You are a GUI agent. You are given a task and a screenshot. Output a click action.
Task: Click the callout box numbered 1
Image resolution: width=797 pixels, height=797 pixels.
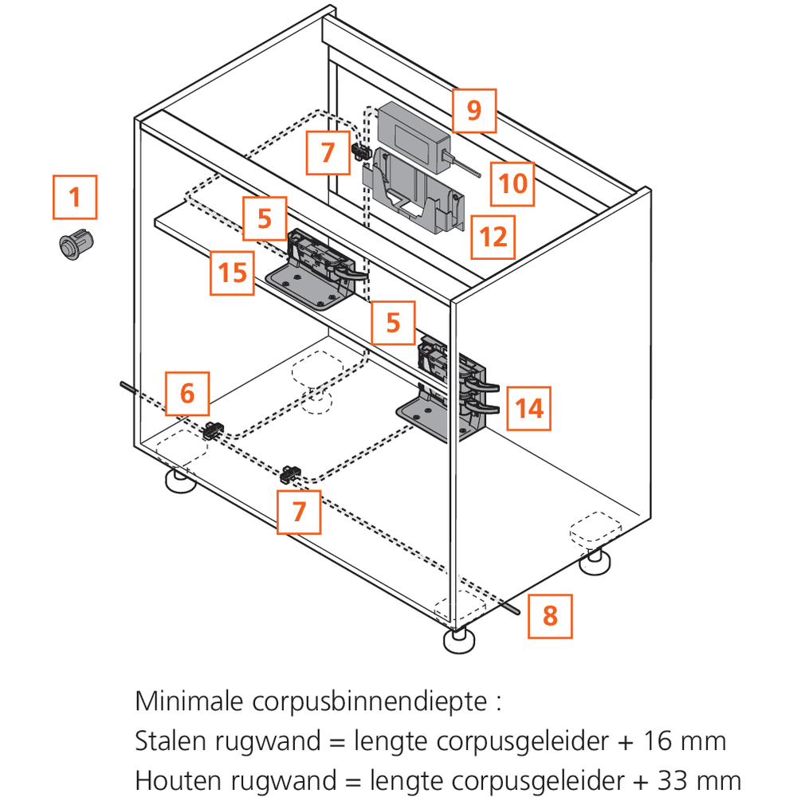click(75, 197)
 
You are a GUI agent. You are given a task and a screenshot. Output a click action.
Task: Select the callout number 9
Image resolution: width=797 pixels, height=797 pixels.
click(474, 110)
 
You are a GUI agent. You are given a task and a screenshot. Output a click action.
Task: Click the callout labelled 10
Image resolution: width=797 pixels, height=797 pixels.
click(512, 183)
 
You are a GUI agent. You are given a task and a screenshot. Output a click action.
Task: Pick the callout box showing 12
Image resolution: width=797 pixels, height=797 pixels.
click(493, 237)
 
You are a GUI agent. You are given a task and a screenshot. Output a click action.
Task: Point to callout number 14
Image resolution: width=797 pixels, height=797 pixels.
click(528, 409)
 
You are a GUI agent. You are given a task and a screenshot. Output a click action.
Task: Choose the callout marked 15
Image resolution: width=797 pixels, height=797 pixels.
click(233, 273)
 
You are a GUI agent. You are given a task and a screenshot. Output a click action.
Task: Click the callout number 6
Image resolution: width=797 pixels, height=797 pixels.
click(186, 393)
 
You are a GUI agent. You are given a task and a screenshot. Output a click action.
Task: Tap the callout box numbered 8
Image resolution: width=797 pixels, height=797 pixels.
click(550, 616)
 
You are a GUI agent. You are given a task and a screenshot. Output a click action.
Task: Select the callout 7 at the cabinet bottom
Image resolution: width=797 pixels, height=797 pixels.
click(299, 512)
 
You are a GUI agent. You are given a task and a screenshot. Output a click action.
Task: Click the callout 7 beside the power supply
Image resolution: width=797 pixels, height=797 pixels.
click(328, 151)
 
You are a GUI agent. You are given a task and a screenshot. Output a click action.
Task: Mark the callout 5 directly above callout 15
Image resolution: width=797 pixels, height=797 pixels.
click(265, 218)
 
